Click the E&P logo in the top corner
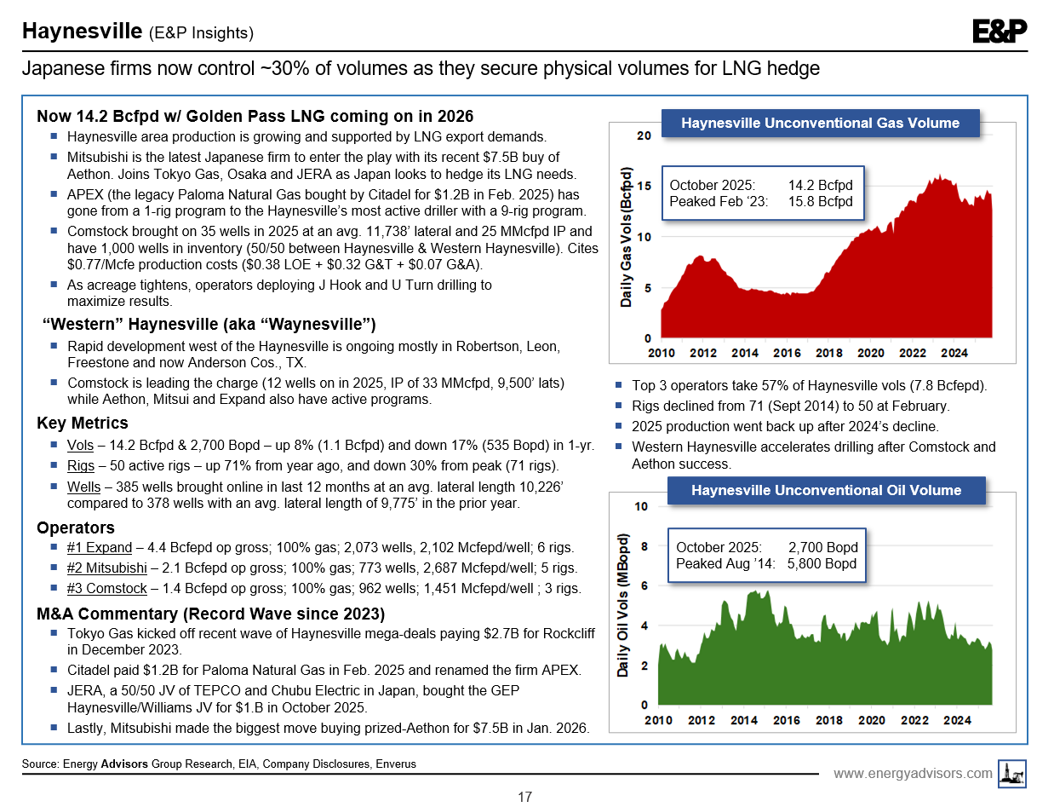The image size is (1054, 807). pos(1000,32)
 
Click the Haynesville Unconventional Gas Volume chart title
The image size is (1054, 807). pos(820,123)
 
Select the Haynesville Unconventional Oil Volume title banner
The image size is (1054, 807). pos(826,490)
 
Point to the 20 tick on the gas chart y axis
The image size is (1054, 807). pos(644,136)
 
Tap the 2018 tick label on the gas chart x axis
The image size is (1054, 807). pos(828,353)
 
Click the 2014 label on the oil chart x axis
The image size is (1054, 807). pos(743,720)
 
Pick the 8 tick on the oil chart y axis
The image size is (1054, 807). pos(644,546)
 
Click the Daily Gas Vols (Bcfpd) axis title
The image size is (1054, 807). pos(626,237)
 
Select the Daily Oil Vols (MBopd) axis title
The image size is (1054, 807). pos(624,605)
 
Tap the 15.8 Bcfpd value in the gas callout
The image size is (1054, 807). pos(820,201)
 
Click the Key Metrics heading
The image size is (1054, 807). pos(83,424)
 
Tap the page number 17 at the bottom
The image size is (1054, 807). pos(525,797)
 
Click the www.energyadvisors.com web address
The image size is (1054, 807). pos(913,773)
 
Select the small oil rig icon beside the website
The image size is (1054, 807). pos(1013,773)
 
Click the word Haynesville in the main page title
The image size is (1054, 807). pos(82,32)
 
